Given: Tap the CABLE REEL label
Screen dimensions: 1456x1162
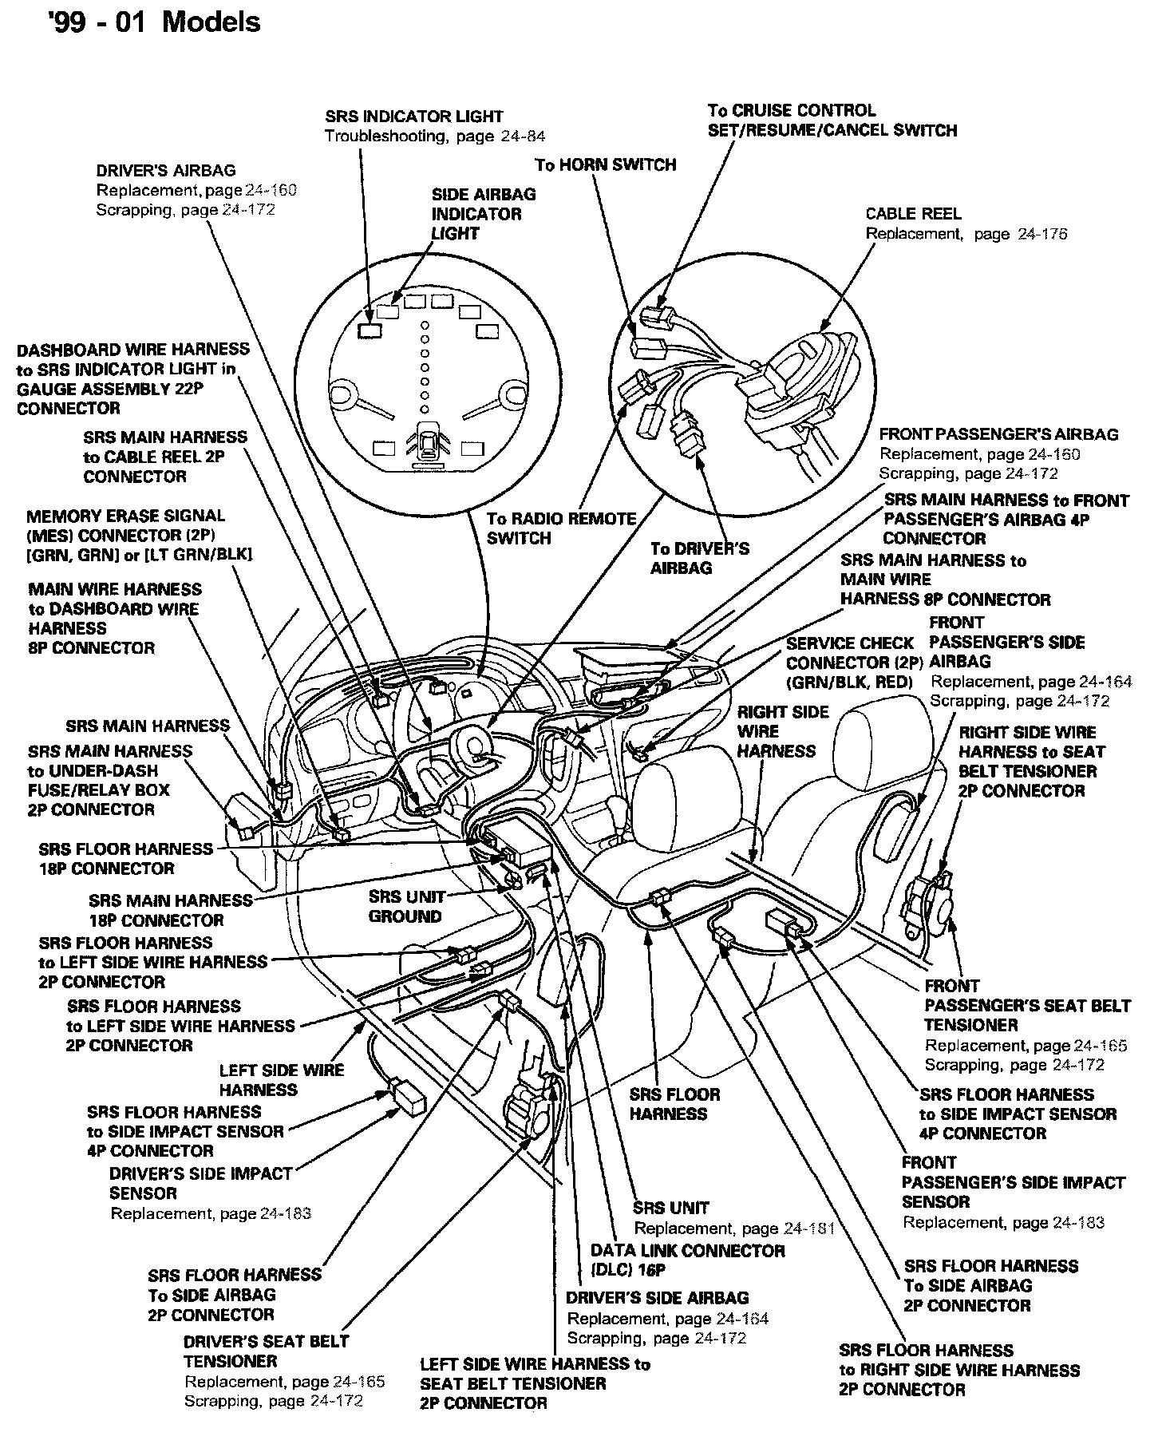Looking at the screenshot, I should (x=913, y=214).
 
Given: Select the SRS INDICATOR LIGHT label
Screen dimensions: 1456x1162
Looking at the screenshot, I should (x=414, y=116).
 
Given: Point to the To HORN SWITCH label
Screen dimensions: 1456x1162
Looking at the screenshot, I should (x=605, y=164).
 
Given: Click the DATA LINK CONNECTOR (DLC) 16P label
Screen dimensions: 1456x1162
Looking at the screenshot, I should (x=687, y=1260).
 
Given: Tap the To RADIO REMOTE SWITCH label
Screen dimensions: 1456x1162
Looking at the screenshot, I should (x=561, y=528).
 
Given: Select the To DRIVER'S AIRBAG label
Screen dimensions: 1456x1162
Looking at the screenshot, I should (x=699, y=558).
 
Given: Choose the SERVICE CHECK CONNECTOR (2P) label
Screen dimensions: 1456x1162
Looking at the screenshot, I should (x=855, y=653).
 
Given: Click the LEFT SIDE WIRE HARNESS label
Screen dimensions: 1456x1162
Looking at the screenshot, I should (x=281, y=1079).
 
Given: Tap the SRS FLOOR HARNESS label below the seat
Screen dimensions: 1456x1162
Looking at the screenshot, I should (x=674, y=1104).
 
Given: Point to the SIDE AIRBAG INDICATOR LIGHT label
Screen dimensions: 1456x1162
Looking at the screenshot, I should (x=483, y=214).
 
